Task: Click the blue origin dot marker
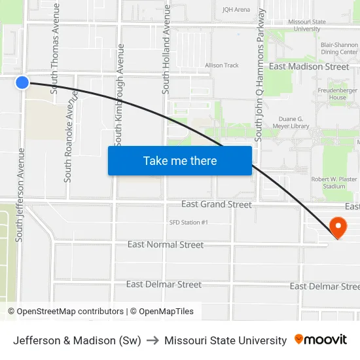click(22, 82)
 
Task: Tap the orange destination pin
click(338, 227)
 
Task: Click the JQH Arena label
click(236, 10)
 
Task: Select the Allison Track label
click(222, 65)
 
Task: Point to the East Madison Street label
click(309, 67)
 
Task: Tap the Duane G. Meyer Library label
click(290, 122)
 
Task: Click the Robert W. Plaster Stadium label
click(334, 183)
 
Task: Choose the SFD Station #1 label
click(189, 223)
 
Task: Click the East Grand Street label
click(216, 204)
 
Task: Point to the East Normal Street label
click(166, 245)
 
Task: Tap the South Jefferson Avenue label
click(20, 194)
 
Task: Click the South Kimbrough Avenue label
click(119, 95)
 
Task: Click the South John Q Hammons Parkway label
click(261, 75)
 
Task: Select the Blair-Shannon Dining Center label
click(340, 48)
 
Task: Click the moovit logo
click(321, 340)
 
